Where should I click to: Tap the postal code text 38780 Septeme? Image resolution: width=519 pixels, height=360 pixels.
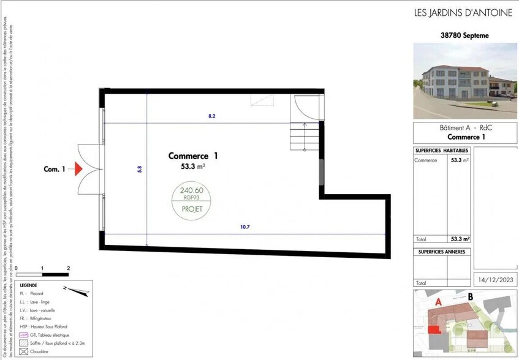465,36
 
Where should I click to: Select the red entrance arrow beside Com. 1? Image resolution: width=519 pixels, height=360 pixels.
78,169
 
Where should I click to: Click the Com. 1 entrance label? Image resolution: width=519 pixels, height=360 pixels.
54,169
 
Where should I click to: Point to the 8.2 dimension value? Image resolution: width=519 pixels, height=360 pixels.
211,115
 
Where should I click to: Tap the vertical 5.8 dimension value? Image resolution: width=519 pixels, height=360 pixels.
140,169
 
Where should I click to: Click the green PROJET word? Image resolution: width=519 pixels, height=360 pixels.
191,208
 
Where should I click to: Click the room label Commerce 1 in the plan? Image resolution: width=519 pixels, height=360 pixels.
193,156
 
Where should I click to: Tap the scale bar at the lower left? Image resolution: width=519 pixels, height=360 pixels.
42,274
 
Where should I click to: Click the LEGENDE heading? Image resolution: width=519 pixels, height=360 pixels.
28,286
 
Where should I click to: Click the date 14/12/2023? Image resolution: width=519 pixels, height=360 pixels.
495,280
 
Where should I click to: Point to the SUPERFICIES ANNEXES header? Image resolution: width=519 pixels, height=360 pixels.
442,252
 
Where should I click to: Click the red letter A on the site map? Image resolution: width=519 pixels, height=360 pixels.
438,301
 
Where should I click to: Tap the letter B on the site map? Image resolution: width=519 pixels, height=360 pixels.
470,298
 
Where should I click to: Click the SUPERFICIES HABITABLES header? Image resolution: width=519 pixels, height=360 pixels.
442,151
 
